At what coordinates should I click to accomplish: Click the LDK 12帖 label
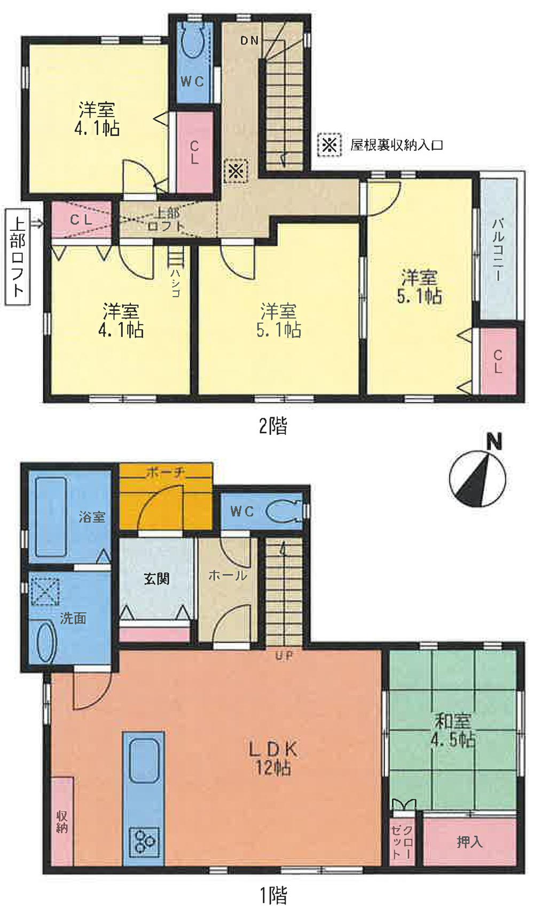pyautogui.click(x=272, y=758)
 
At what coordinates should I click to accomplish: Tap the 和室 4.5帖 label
pyautogui.click(x=453, y=730)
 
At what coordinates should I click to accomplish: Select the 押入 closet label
pyautogui.click(x=469, y=842)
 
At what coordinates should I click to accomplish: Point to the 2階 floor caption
pyautogui.click(x=273, y=426)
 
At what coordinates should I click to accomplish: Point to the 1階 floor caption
pyautogui.click(x=273, y=895)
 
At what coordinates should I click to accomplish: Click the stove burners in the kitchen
pyautogui.click(x=144, y=841)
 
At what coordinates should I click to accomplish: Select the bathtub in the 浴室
pyautogui.click(x=51, y=517)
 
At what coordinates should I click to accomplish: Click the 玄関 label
pyautogui.click(x=156, y=579)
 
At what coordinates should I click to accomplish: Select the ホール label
pyautogui.click(x=227, y=575)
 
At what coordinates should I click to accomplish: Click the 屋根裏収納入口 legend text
pyautogui.click(x=396, y=145)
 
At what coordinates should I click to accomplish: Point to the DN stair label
pyautogui.click(x=249, y=40)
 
